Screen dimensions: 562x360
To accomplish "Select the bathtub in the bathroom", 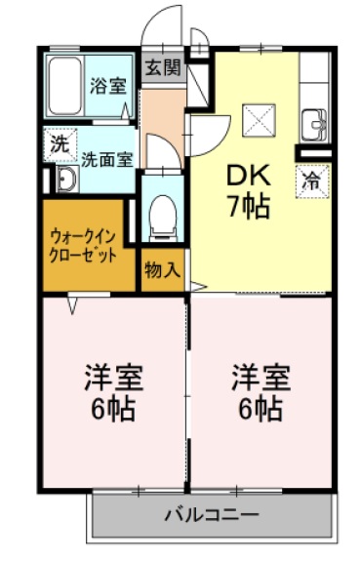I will [x=66, y=87].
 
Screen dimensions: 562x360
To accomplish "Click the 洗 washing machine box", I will [x=60, y=143].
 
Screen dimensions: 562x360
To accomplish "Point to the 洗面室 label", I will [x=105, y=159].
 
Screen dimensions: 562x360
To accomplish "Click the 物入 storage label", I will [x=162, y=270].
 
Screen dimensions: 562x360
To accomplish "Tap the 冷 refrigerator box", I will [x=312, y=180].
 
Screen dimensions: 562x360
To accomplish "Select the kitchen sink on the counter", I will [x=314, y=125].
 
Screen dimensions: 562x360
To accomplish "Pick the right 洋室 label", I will [x=259, y=376].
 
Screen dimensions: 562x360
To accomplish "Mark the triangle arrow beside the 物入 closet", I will [x=197, y=286].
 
